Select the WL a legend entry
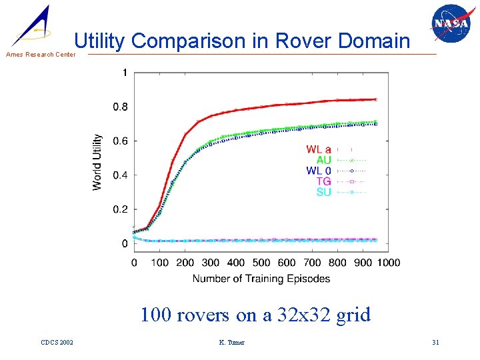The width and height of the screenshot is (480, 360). pyautogui.click(x=319, y=149)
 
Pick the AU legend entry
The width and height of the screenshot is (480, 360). pyautogui.click(x=323, y=160)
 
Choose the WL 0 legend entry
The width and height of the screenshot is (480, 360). pyautogui.click(x=319, y=171)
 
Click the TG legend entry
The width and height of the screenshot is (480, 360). pyautogui.click(x=323, y=181)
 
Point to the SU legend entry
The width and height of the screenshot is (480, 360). pyautogui.click(x=323, y=192)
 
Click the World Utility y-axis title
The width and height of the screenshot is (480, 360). pyautogui.click(x=97, y=162)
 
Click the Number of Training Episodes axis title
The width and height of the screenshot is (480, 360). pyautogui.click(x=261, y=278)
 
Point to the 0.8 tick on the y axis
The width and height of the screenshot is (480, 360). pyautogui.click(x=120, y=107)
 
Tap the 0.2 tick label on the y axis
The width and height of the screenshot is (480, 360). pyautogui.click(x=120, y=209)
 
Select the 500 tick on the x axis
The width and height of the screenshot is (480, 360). pyautogui.click(x=262, y=263)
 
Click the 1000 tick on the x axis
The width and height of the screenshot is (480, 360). pyautogui.click(x=388, y=263)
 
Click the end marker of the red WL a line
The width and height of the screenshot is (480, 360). pyautogui.click(x=375, y=99)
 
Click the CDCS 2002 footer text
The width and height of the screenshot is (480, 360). pyautogui.click(x=57, y=343)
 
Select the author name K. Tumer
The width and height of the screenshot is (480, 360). pyautogui.click(x=231, y=343)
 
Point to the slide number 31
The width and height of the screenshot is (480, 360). pyautogui.click(x=435, y=343)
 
